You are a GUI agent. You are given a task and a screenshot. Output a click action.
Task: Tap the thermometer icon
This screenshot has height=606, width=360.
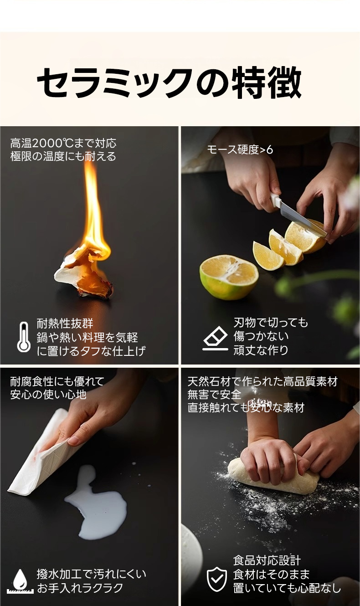24,337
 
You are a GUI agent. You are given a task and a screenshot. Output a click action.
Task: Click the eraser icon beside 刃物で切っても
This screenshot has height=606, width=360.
215,338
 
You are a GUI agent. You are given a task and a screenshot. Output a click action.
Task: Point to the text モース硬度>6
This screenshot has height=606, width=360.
240,149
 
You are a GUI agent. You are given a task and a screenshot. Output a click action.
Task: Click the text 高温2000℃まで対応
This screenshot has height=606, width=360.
63,143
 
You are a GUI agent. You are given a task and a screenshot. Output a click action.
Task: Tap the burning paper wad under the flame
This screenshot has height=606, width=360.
84,273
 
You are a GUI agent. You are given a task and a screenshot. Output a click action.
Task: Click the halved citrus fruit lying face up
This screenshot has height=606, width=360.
229,277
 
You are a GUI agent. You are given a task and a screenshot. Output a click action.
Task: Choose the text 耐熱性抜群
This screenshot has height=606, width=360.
65,324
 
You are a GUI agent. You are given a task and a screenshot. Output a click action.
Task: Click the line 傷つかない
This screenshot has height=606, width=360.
261,336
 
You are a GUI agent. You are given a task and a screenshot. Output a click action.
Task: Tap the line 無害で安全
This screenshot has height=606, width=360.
214,395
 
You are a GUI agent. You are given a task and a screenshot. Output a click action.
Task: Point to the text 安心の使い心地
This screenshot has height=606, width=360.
48,395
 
